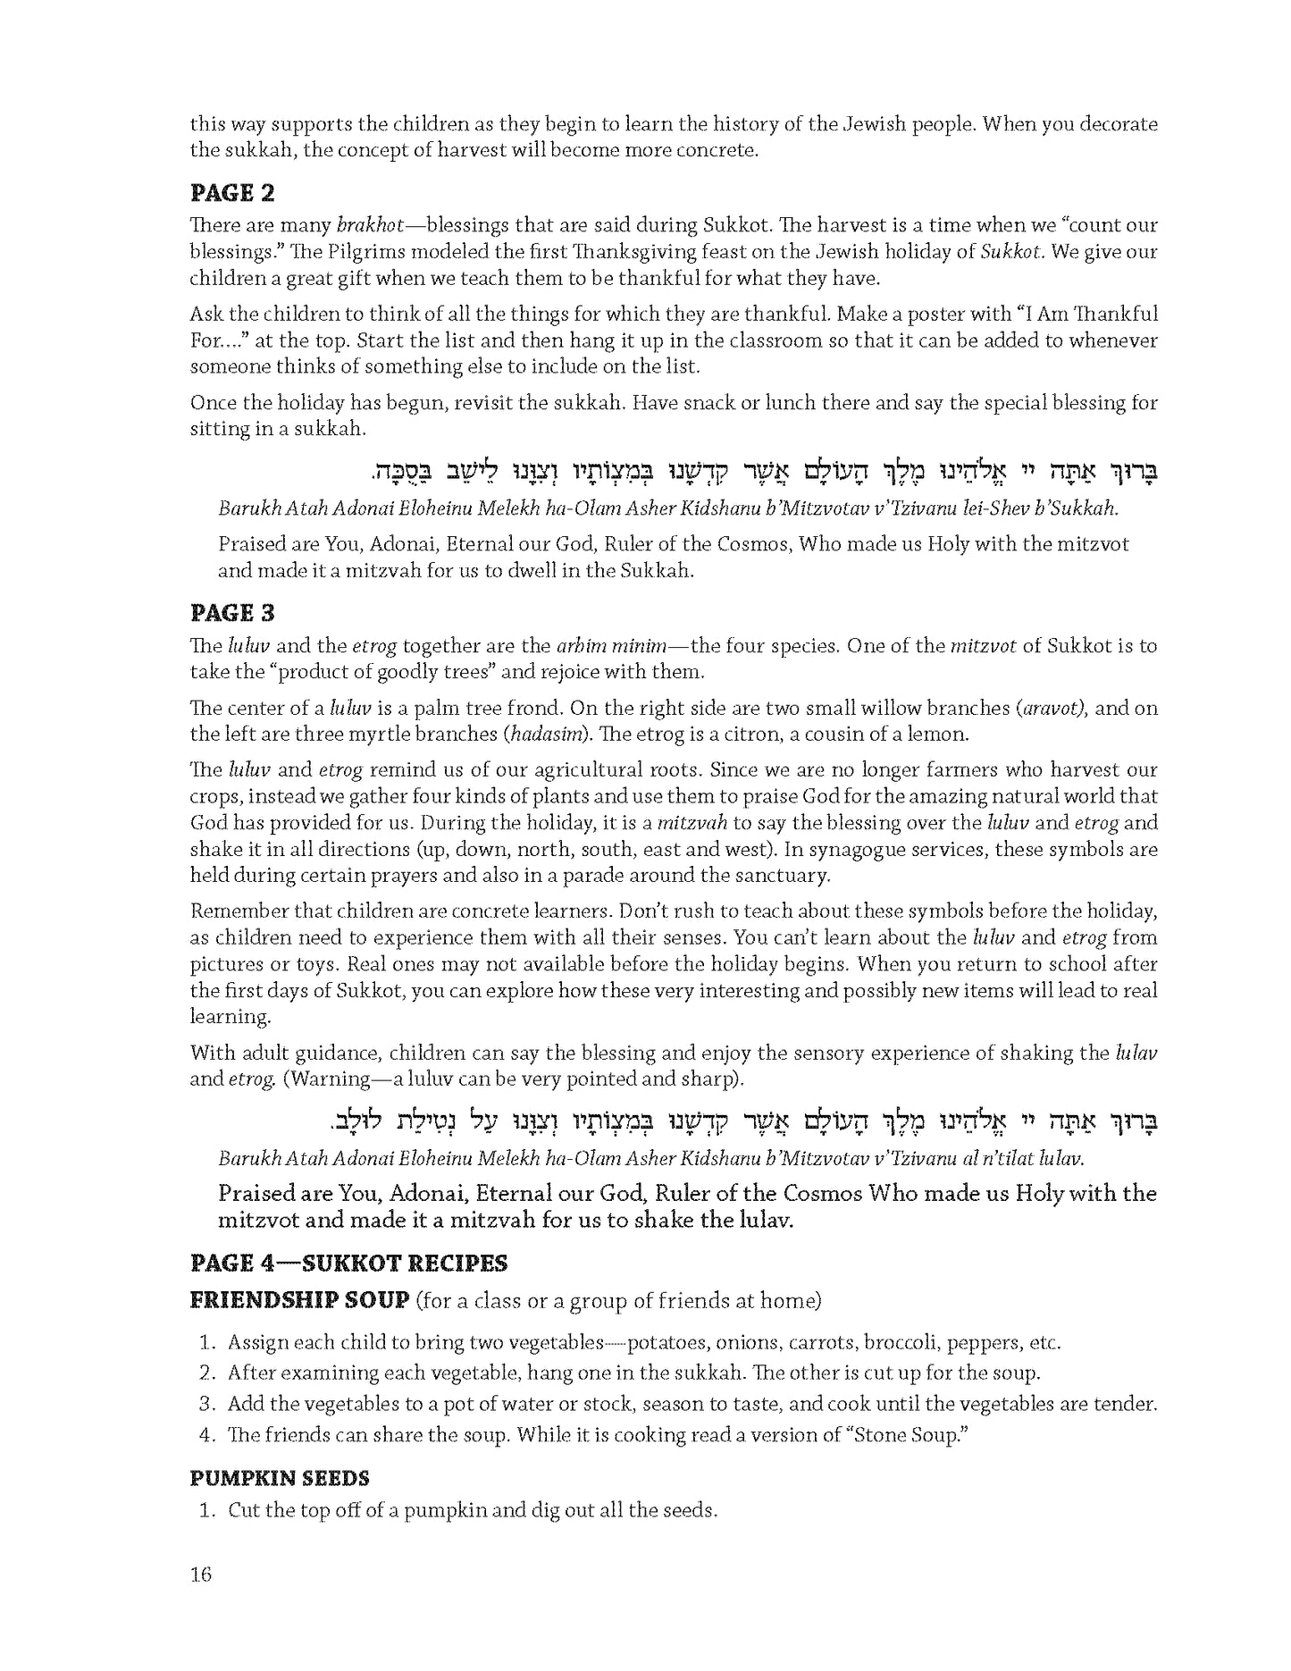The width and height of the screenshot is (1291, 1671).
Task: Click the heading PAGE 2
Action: tap(232, 193)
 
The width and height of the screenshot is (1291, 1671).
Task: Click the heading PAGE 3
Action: tap(232, 613)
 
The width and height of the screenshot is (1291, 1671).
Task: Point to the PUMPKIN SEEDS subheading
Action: tap(280, 1478)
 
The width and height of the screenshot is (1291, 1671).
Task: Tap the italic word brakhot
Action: tap(371, 225)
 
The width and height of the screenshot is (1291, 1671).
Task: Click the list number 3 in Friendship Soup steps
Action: tap(206, 1404)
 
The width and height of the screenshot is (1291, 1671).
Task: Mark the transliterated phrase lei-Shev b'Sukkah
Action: tap(1039, 509)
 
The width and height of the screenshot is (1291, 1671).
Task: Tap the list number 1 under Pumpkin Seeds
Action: tap(206, 1511)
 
